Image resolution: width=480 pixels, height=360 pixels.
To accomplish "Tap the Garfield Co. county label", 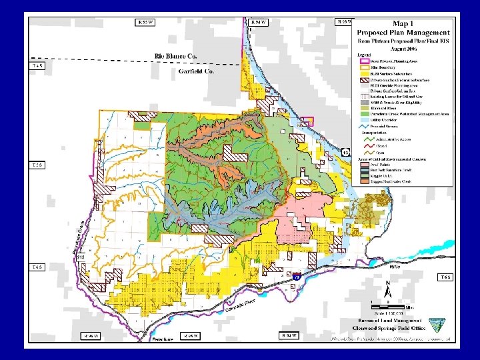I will (196, 71).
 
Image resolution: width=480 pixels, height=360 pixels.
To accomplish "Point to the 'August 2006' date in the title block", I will (403, 47).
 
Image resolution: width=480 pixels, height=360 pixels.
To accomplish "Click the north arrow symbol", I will (389, 289).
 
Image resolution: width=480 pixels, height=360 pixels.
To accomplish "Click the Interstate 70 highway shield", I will (297, 275).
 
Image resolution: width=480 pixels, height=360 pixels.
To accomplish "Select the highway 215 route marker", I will (81, 257).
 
